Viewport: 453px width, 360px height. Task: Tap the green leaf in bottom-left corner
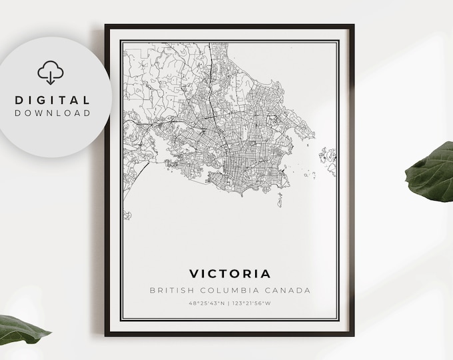pos(23,328)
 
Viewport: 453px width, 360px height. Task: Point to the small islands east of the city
pos(326,157)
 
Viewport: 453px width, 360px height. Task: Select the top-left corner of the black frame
pos(106,26)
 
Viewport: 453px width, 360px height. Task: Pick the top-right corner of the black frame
pos(353,26)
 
